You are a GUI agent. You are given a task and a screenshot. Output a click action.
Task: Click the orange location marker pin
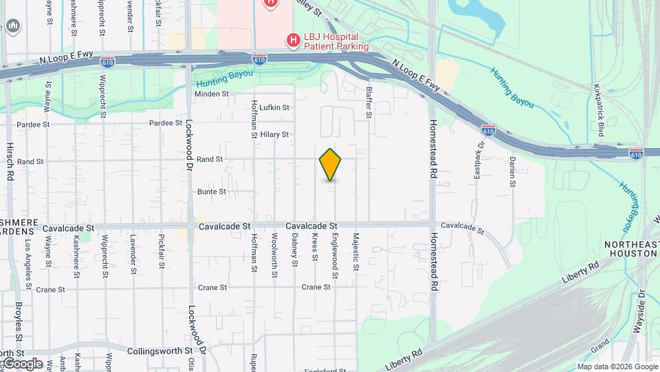[331, 165]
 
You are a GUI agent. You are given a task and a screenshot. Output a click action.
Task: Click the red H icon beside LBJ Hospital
[294, 41]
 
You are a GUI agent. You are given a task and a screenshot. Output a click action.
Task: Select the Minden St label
[211, 94]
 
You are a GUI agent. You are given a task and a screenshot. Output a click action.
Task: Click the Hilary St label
[275, 134]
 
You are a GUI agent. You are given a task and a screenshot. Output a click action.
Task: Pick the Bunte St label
[212, 192]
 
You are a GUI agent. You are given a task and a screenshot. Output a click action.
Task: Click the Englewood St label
[335, 257]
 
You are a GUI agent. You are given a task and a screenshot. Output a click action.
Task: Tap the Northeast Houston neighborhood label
[632, 249]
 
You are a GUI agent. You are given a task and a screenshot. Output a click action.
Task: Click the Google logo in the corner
[23, 363]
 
